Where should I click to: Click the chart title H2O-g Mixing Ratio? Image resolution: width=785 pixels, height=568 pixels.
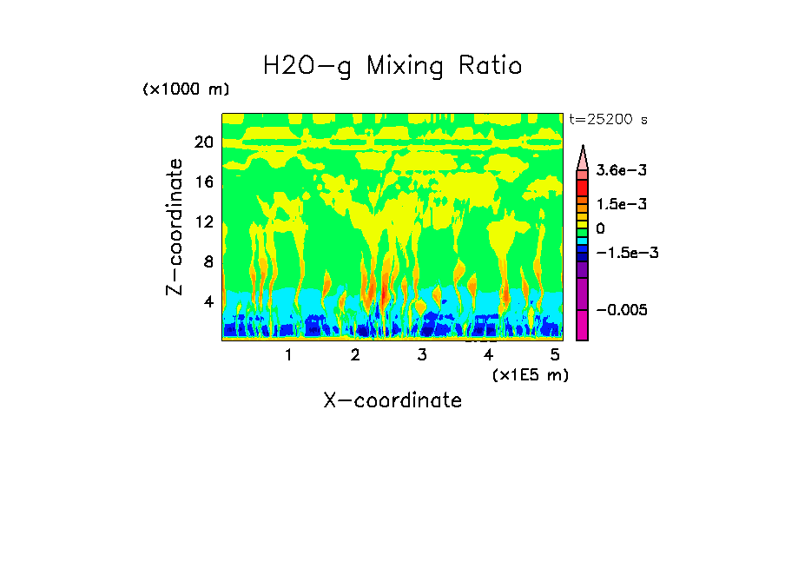392,66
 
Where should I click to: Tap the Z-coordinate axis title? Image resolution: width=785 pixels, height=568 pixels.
175,227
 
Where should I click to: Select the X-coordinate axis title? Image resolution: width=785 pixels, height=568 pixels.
392,400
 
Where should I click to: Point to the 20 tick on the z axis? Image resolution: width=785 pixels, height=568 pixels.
203,142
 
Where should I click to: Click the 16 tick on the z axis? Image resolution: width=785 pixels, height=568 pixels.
203,182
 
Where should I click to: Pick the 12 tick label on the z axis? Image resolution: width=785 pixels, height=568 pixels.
203,222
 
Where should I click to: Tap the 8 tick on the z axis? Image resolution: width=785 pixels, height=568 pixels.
208,262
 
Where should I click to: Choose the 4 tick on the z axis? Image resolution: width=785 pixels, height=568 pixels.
208,302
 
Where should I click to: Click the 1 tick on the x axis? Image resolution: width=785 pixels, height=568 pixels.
288,355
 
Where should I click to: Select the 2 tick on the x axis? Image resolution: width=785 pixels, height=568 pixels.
355,355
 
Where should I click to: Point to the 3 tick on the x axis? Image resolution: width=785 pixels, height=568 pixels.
422,355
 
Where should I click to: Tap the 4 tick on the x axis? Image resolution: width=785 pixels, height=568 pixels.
489,355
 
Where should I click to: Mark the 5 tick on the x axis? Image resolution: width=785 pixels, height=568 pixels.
555,355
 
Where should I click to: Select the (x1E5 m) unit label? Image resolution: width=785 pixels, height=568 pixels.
530,374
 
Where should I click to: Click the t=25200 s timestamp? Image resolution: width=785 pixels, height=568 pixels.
608,119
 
